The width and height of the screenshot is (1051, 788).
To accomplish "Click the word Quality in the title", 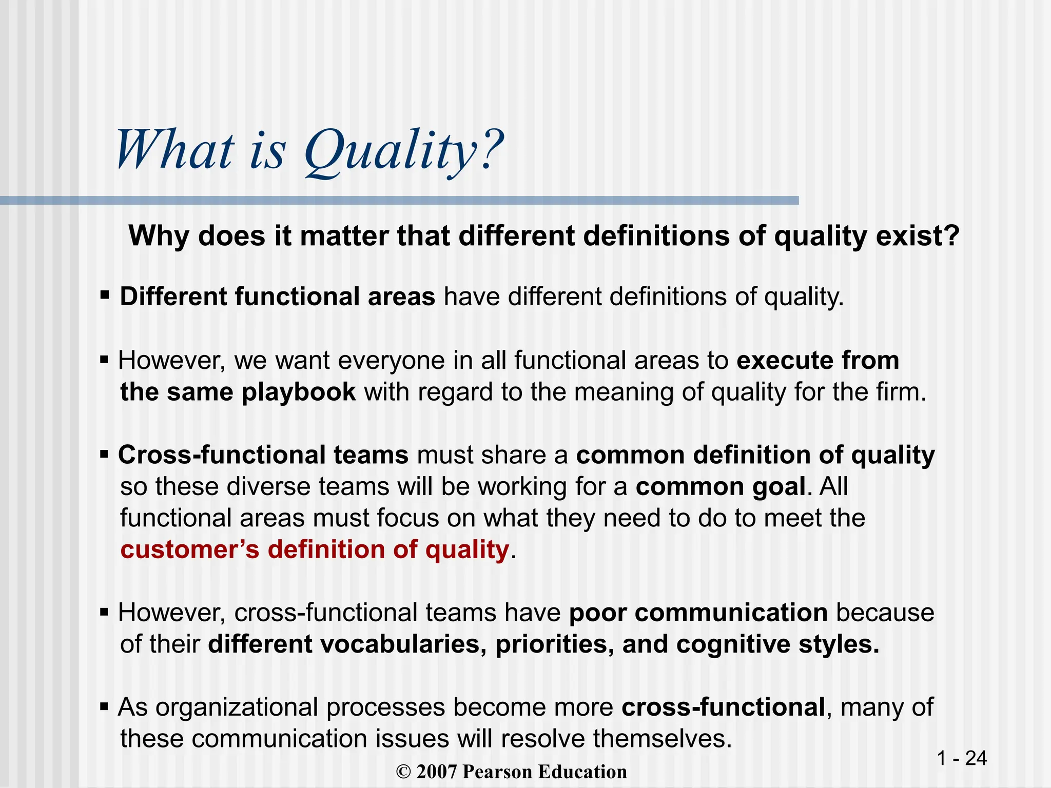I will [390, 151].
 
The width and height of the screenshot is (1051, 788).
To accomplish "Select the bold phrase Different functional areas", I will [277, 297].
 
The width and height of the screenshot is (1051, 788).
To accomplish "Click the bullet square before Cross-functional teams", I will [105, 455].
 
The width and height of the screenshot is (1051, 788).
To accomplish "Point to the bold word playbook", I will [299, 392].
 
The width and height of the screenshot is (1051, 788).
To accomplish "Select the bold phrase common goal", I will [721, 486].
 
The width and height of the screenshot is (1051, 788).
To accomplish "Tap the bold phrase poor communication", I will [698, 613].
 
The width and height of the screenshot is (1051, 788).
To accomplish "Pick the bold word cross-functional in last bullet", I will [723, 707].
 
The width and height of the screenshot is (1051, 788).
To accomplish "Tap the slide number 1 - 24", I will [962, 758].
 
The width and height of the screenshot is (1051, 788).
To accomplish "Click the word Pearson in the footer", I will [496, 772].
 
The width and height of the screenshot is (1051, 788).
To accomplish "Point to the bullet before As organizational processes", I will [105, 707].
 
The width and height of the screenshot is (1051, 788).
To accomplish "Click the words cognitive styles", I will [777, 644].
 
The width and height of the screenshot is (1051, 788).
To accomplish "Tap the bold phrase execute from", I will [818, 360].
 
